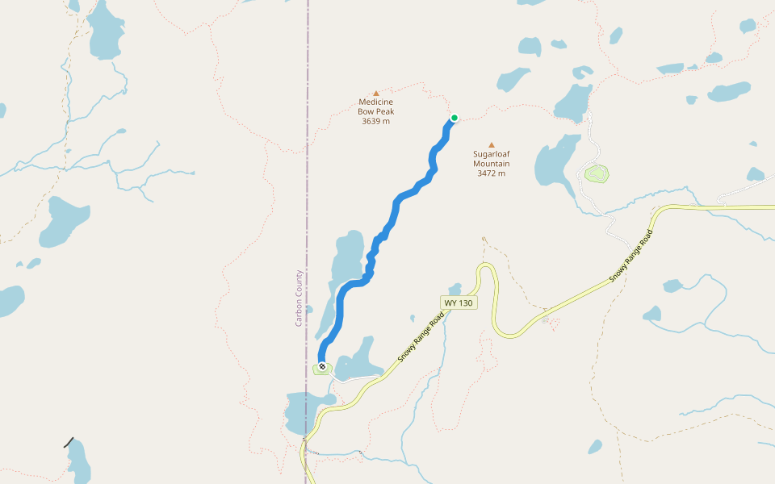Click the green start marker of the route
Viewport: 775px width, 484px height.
[x=455, y=118]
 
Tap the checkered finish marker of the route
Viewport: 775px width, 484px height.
[x=322, y=367]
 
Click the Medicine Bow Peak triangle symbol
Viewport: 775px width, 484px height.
[x=375, y=94]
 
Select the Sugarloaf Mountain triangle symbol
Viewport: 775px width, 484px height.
[x=491, y=145]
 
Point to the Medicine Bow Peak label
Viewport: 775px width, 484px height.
[x=375, y=106]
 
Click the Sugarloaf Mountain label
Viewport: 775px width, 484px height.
[x=491, y=158]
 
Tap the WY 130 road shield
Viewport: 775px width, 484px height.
[x=459, y=302]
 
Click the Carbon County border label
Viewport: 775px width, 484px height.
[x=299, y=298]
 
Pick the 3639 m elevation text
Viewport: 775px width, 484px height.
[x=375, y=121]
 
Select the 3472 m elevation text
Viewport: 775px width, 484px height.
[x=491, y=173]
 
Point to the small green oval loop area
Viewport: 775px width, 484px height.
[x=597, y=173]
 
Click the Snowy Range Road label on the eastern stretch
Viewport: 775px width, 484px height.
[x=630, y=257]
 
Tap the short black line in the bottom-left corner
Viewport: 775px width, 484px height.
[x=69, y=442]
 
